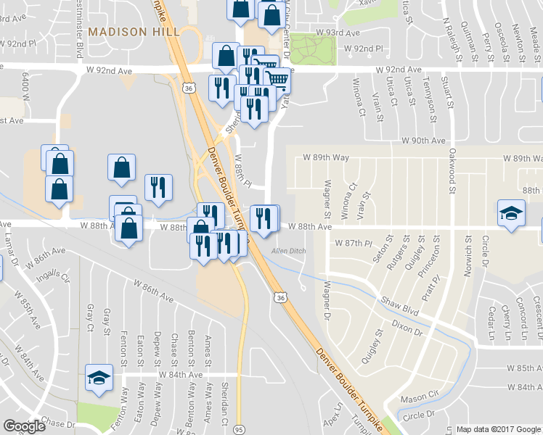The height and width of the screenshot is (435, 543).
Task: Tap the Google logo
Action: pyautogui.click(x=25, y=426)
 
